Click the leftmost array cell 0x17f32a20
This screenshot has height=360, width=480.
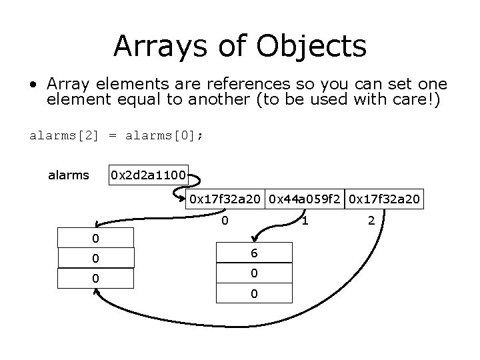pos(226,199)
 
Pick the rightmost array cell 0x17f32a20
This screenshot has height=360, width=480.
pos(385,199)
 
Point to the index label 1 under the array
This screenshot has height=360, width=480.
pos(305,219)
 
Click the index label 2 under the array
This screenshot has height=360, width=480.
pos(372,219)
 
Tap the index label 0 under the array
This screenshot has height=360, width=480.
pos(226,219)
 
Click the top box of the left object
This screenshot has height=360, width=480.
pos(96,239)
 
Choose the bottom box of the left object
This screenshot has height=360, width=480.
pos(96,279)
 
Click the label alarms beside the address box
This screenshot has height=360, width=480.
pos(69,176)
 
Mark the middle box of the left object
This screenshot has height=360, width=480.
pos(96,259)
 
